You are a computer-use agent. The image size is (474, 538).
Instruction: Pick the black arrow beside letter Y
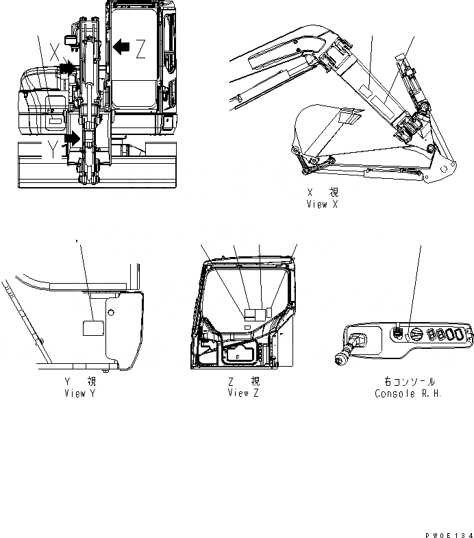tap(73, 138)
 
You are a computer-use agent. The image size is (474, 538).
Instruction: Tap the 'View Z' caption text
tap(242, 393)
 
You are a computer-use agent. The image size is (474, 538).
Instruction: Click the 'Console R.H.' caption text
tap(408, 393)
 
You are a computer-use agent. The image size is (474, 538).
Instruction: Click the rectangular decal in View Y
tap(92, 328)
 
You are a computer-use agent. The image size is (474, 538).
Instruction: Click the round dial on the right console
tap(416, 334)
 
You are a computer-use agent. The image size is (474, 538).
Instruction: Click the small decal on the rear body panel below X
tap(54, 123)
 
